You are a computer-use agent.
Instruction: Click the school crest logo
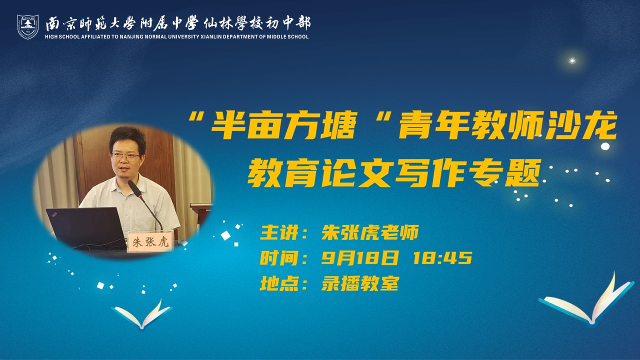(27, 27)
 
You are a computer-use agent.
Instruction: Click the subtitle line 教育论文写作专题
(394, 173)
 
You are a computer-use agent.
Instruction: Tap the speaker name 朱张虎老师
(370, 232)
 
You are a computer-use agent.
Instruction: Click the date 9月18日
(360, 258)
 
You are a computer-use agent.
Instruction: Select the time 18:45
(442, 258)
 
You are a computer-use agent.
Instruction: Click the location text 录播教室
(360, 283)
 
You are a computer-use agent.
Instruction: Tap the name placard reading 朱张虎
(150, 242)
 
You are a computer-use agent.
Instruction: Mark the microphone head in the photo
(135, 188)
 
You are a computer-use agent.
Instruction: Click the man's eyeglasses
(125, 156)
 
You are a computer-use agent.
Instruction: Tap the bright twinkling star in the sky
(571, 61)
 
